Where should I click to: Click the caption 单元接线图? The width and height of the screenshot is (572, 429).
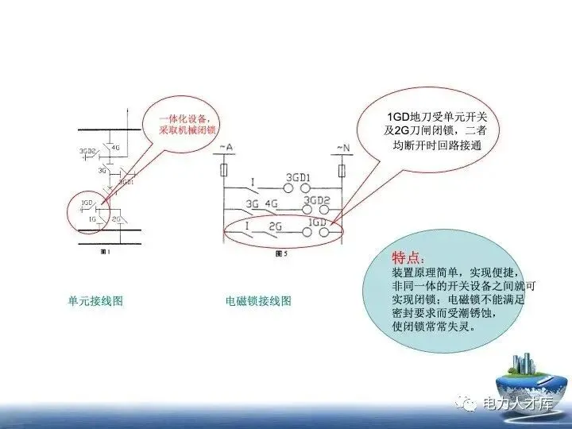95,301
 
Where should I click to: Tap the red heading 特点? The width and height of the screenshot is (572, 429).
413,259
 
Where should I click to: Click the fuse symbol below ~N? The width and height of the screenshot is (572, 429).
342,170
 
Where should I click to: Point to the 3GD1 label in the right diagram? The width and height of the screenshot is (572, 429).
298,177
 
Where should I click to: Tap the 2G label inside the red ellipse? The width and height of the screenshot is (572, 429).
276,226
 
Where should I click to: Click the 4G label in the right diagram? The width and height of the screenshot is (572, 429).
272,203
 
